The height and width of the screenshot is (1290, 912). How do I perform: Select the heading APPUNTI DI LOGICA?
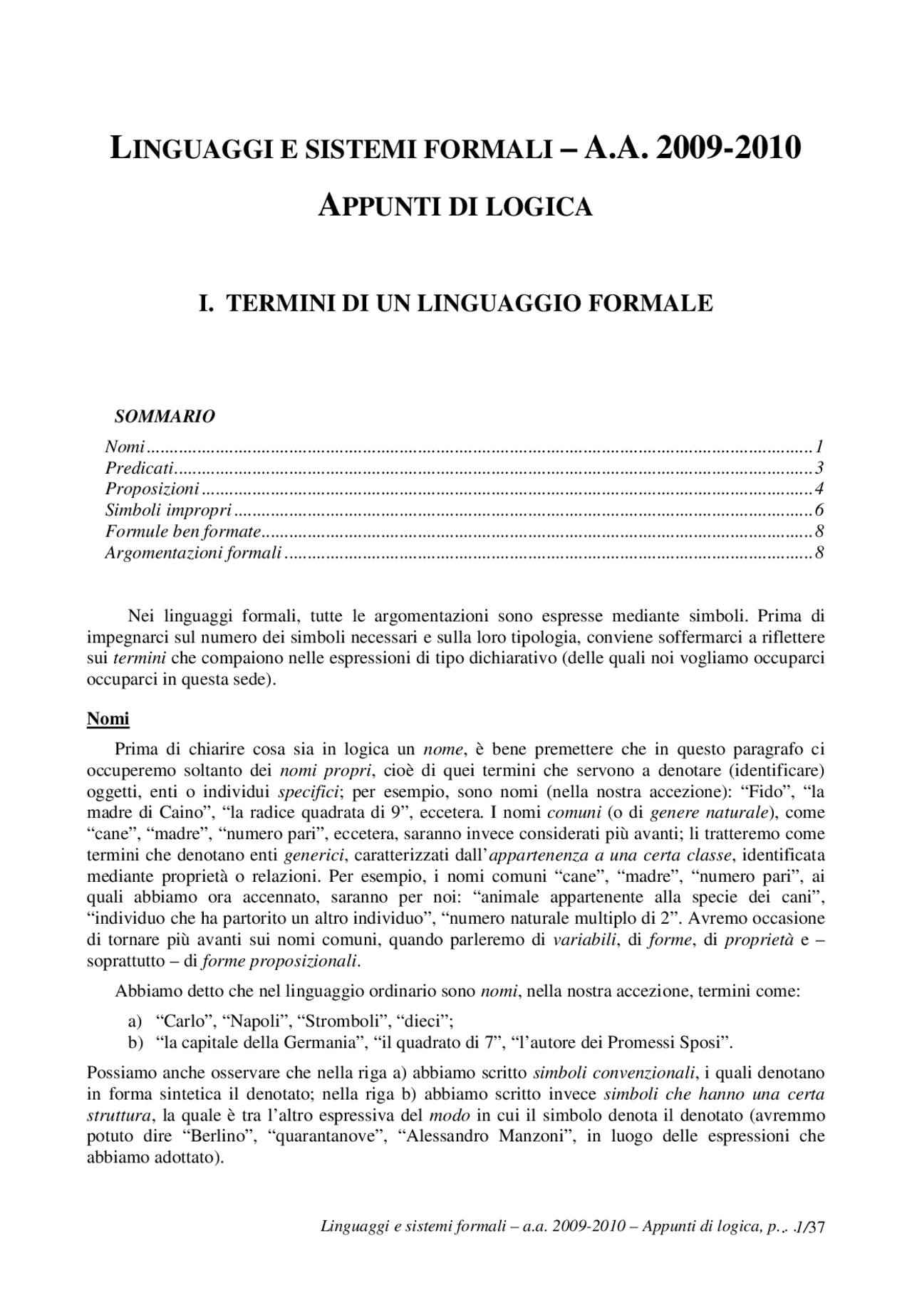tap(455, 207)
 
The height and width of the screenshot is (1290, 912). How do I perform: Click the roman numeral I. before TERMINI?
tap(206, 303)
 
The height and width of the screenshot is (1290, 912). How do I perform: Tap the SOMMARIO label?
tap(165, 417)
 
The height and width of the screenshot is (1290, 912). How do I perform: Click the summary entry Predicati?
tap(140, 468)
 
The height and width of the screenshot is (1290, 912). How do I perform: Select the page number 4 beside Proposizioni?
tap(820, 489)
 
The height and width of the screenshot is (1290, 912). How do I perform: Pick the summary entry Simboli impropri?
tap(168, 510)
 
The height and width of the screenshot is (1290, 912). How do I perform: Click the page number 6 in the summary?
tap(820, 510)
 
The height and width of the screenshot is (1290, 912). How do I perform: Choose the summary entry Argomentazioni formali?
tap(193, 552)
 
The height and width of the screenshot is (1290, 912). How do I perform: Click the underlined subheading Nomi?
tap(108, 719)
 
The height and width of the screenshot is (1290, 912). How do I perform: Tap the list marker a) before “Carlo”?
tap(135, 1022)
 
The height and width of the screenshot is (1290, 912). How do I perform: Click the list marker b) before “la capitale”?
tap(135, 1044)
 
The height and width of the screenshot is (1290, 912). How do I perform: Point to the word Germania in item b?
tap(318, 1044)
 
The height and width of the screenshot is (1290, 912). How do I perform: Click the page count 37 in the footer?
tap(817, 1227)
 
